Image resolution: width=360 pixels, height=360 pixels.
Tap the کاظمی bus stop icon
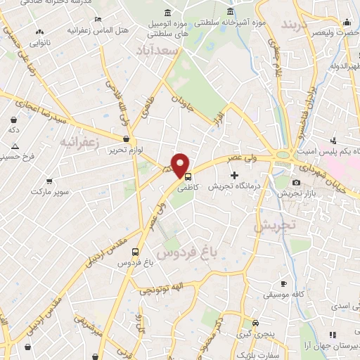[186, 177]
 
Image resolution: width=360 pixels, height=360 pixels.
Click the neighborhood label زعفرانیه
[82, 143]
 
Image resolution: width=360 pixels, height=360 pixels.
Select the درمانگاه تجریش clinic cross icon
[234, 175]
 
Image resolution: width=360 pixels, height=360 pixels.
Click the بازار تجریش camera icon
[295, 183]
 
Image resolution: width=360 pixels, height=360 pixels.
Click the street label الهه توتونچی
[159, 290]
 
